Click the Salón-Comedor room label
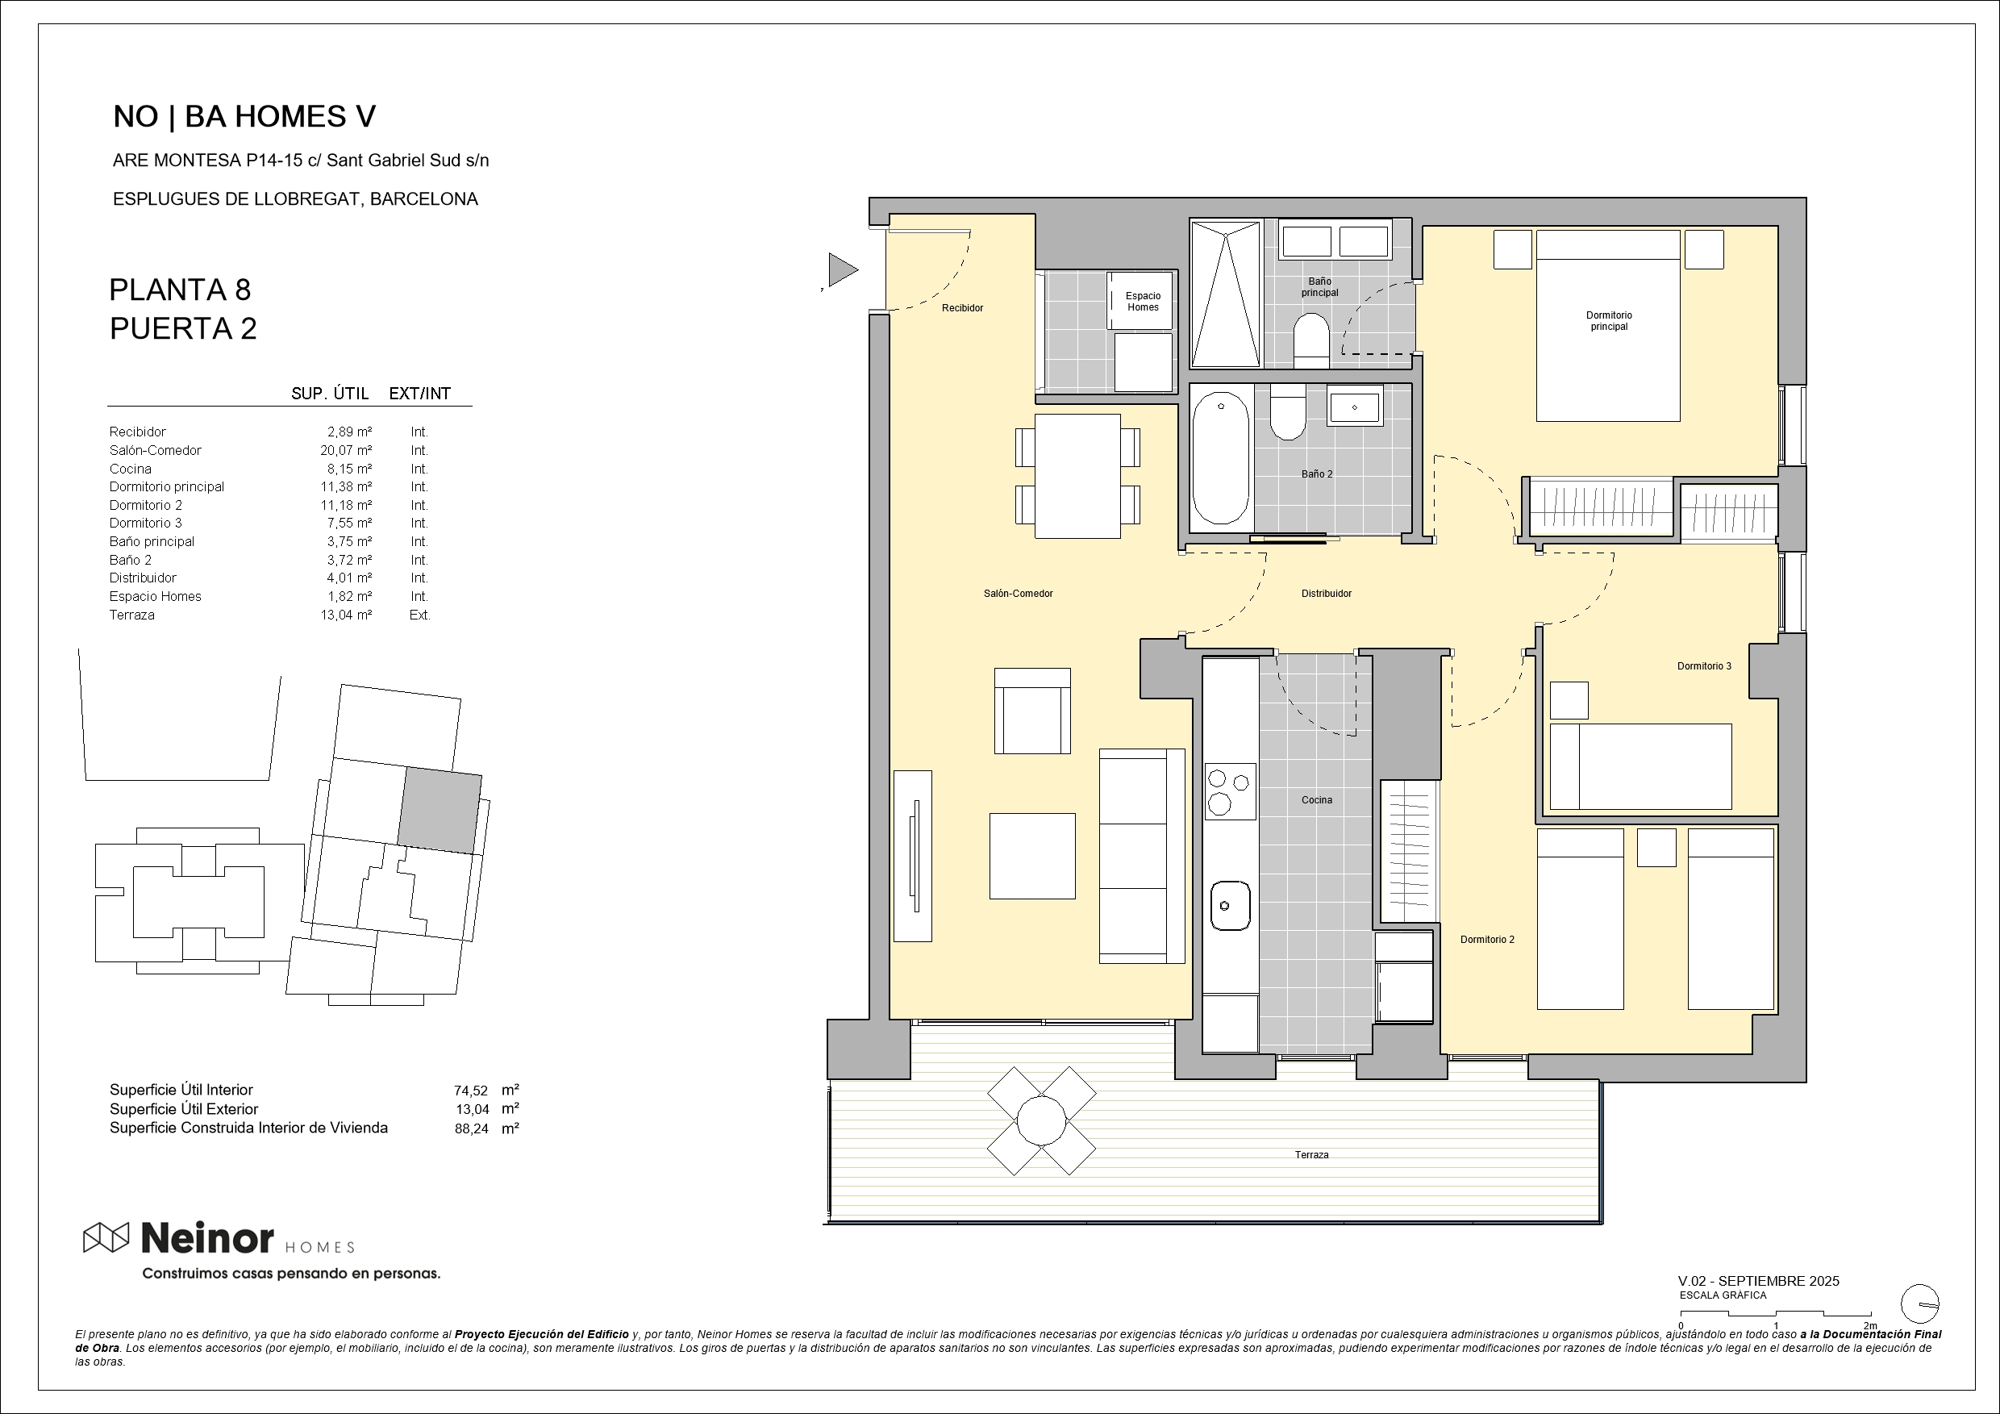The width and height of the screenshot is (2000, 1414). [x=1018, y=594]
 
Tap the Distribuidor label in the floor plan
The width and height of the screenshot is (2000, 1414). [x=1326, y=594]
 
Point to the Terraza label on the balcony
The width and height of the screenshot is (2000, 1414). [x=1311, y=1154]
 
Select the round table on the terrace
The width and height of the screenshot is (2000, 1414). [x=1041, y=1120]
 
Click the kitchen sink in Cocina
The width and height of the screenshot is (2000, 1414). [x=1230, y=905]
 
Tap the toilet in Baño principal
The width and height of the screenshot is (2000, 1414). [x=1311, y=340]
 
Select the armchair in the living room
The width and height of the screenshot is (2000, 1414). [x=1032, y=711]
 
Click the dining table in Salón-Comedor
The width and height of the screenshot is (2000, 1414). [x=1077, y=476]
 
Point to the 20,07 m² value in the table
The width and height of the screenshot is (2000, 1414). [x=346, y=450]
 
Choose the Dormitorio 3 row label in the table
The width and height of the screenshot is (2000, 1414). [x=145, y=523]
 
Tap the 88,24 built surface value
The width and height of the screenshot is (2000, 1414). [x=470, y=1129]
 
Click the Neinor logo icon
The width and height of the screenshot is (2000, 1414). [x=106, y=1237]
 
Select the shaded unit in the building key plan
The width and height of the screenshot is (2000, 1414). [x=440, y=811]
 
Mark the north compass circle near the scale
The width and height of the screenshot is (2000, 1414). [x=1920, y=1305]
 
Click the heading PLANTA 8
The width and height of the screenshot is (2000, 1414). [x=181, y=290]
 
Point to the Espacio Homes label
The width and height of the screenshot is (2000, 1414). [x=1143, y=302]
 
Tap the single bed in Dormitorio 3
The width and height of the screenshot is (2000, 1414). [x=1640, y=766]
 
